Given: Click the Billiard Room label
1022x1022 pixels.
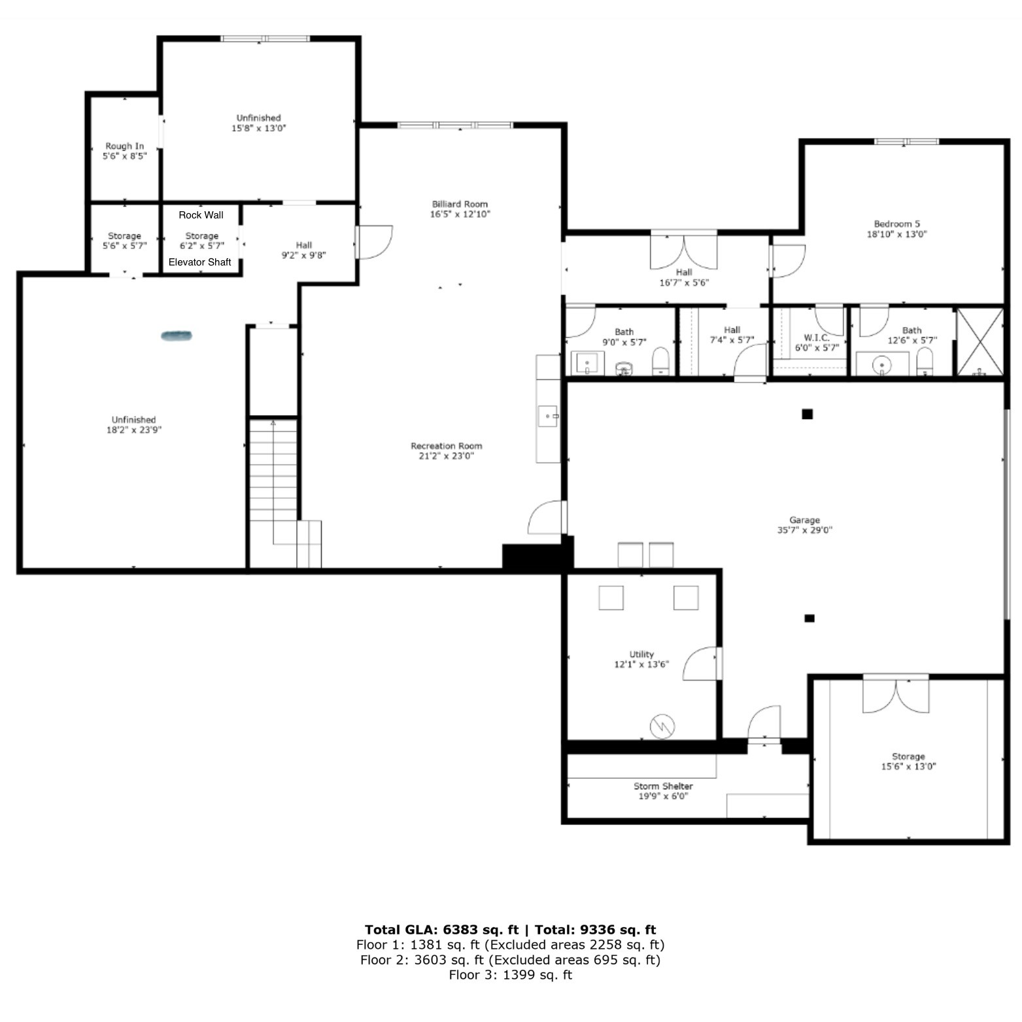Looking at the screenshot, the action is [460, 204].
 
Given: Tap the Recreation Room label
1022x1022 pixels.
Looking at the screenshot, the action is [447, 446].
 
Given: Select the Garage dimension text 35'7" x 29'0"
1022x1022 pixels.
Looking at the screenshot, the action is [804, 530].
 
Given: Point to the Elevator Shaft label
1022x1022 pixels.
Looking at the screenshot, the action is [200, 262].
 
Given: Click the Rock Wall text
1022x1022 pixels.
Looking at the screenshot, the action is [201, 215].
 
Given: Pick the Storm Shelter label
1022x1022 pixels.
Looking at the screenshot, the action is [663, 786].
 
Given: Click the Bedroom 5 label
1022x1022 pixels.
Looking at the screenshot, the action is [897, 224].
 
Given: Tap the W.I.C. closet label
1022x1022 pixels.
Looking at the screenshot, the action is [817, 337].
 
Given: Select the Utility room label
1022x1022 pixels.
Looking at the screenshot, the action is [641, 654].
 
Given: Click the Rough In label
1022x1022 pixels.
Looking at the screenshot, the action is [125, 146].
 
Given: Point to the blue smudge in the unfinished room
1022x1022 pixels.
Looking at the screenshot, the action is [177, 336].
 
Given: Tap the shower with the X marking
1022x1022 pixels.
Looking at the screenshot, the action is [979, 342].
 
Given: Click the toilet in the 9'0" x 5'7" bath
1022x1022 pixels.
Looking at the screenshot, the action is [662, 361].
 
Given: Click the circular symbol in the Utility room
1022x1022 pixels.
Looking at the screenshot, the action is [662, 726].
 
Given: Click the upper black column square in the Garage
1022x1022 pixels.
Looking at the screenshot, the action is [808, 414].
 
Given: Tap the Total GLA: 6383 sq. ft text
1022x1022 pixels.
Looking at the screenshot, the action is [441, 930].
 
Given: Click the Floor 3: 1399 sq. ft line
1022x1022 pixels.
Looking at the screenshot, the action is [510, 975].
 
